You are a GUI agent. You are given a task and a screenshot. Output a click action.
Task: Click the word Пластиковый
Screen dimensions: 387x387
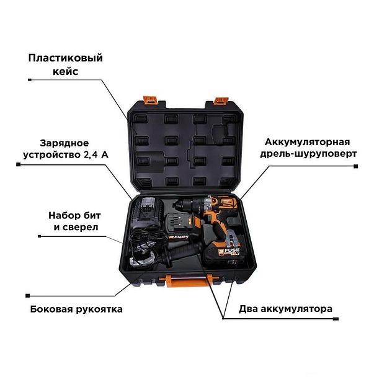[65, 58]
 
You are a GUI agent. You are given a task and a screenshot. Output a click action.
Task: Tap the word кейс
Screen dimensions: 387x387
[65, 71]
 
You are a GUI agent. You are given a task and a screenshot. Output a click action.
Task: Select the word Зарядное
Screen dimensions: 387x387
[64, 143]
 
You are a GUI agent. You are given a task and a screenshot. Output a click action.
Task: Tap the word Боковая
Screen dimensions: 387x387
[51, 309]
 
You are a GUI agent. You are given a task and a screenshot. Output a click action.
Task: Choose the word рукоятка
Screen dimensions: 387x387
[99, 309]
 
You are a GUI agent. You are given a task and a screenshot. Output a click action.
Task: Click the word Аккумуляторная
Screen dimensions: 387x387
[307, 142]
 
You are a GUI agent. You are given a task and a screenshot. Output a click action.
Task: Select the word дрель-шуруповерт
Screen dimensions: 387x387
[308, 154]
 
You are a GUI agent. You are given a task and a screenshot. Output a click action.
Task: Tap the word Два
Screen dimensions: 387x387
[248, 309]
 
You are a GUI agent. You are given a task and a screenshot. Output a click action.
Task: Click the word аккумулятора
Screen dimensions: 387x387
[296, 309]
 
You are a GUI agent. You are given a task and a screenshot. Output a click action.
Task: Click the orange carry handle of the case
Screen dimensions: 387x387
[189, 280]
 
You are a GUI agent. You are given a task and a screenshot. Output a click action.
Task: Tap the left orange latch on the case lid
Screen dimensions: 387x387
[150, 99]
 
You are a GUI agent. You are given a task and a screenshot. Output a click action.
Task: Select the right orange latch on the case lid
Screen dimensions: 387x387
[221, 100]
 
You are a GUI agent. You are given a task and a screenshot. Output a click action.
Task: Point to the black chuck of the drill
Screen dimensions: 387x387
[184, 205]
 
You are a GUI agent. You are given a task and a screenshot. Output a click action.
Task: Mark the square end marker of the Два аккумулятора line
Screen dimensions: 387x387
[336, 319]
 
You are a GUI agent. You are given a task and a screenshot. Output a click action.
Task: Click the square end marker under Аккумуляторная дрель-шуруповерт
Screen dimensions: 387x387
[355, 167]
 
